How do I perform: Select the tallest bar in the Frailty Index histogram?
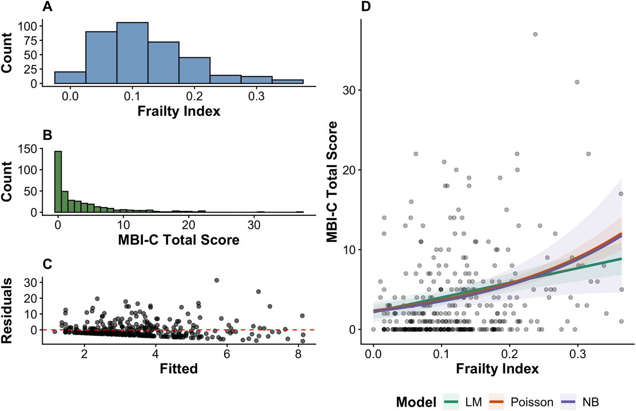pos(132,54)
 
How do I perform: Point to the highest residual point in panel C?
pos(216,281)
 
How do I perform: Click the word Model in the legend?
pos(416,402)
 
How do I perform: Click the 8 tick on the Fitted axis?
pos(298,356)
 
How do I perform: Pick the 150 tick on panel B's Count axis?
pos(35,148)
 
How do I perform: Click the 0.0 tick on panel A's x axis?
pos(71,96)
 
